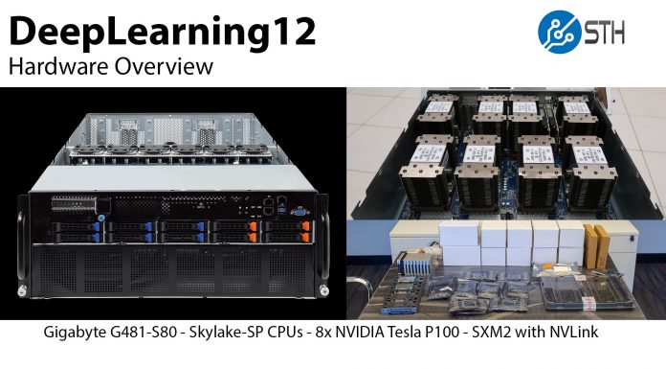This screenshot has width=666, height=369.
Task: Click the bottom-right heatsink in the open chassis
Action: tap(590, 171)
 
